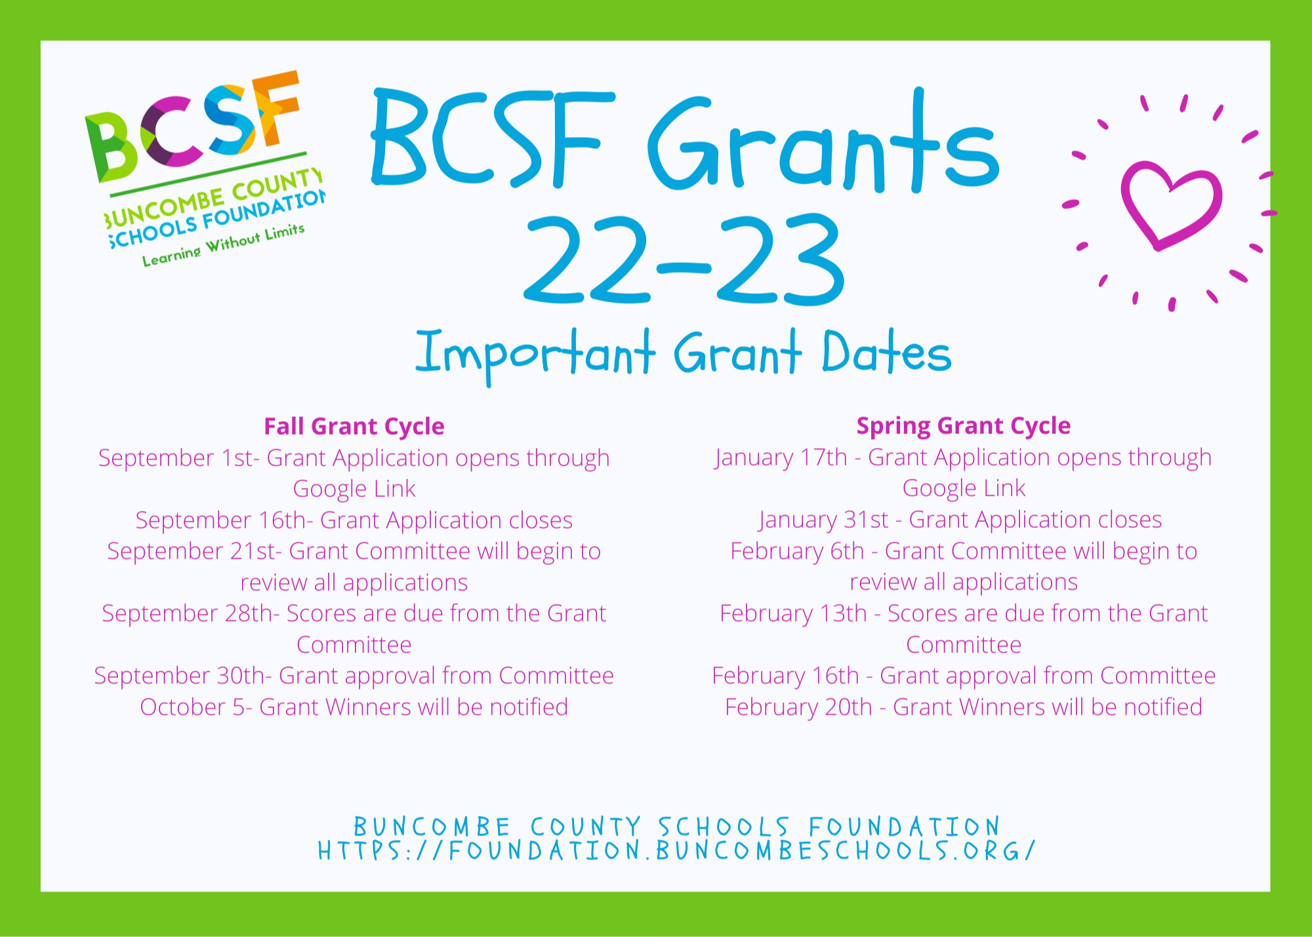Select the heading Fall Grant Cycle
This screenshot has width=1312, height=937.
click(x=354, y=426)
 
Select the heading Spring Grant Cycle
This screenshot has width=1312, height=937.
click(x=964, y=426)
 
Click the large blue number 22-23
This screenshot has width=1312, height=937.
click(x=684, y=260)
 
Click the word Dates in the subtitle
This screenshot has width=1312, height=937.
click(x=886, y=353)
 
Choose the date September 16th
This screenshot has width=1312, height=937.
click(x=220, y=521)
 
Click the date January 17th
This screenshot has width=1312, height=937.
click(x=781, y=458)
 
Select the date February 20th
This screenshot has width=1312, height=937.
click(x=798, y=708)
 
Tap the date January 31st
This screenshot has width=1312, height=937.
click(x=823, y=520)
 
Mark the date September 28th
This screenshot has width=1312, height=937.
click(x=187, y=614)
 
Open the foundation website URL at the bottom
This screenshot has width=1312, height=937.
click(x=676, y=851)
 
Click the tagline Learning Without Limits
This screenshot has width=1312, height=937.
click(x=224, y=245)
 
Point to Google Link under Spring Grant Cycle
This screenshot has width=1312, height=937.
click(x=964, y=488)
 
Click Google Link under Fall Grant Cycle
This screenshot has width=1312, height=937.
click(x=354, y=489)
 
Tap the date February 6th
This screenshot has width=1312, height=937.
click(x=797, y=551)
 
